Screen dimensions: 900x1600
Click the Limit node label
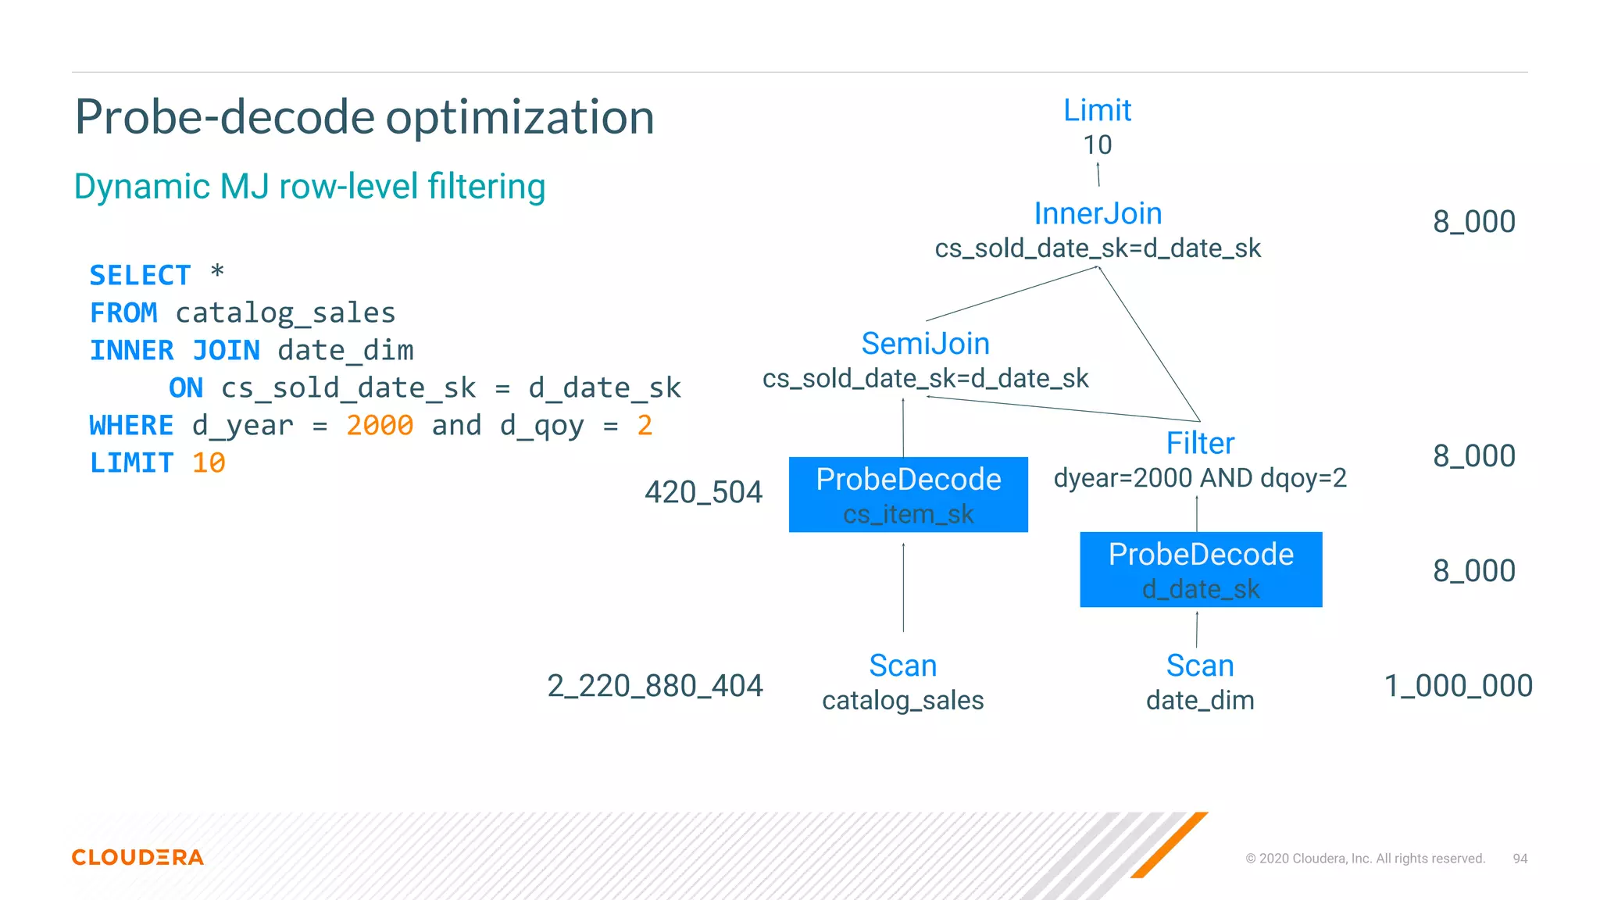(1097, 110)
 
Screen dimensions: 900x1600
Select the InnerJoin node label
(1098, 213)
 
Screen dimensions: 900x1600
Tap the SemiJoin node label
(925, 344)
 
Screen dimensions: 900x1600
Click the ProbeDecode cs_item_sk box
(908, 495)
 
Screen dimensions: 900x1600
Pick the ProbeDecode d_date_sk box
(1201, 570)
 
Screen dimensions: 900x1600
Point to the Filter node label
(1200, 443)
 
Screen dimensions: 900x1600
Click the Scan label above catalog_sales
(902, 666)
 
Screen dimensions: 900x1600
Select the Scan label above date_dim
(1200, 666)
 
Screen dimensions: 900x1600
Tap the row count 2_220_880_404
(655, 686)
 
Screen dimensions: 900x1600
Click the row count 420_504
(703, 492)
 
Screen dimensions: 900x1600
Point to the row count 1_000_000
(1458, 686)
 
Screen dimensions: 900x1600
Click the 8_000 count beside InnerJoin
(1473, 222)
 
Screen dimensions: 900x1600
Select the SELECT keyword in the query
(140, 275)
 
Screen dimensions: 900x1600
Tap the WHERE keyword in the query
(131, 425)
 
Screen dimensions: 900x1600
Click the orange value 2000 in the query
(380, 425)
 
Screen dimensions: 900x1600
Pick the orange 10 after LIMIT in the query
(209, 462)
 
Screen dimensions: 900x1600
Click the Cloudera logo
(137, 857)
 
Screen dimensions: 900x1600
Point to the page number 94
(1520, 859)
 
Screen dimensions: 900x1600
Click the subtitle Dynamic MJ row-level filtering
(309, 187)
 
